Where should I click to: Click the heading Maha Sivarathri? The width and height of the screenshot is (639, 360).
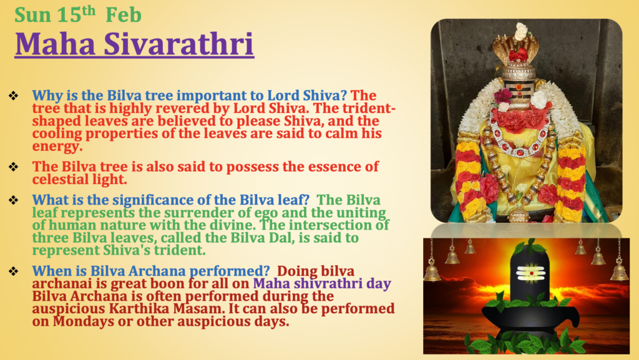click(135, 44)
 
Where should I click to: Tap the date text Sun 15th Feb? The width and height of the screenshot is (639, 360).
click(78, 14)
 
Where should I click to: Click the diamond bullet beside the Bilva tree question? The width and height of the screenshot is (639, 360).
click(14, 95)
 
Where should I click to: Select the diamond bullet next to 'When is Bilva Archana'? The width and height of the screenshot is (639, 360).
click(14, 271)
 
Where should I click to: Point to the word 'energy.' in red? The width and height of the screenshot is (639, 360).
click(57, 147)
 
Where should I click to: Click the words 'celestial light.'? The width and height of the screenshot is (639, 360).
click(79, 179)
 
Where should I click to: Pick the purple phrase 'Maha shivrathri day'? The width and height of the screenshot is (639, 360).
click(322, 283)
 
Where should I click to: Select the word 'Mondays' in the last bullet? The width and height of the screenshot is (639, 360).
click(84, 321)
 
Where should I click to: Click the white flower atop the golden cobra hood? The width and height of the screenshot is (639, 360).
click(521, 31)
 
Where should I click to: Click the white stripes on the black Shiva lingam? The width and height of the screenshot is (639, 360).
click(530, 273)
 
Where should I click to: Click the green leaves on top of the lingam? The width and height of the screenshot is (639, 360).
click(529, 247)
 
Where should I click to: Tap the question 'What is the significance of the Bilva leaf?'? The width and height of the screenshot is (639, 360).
click(171, 200)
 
